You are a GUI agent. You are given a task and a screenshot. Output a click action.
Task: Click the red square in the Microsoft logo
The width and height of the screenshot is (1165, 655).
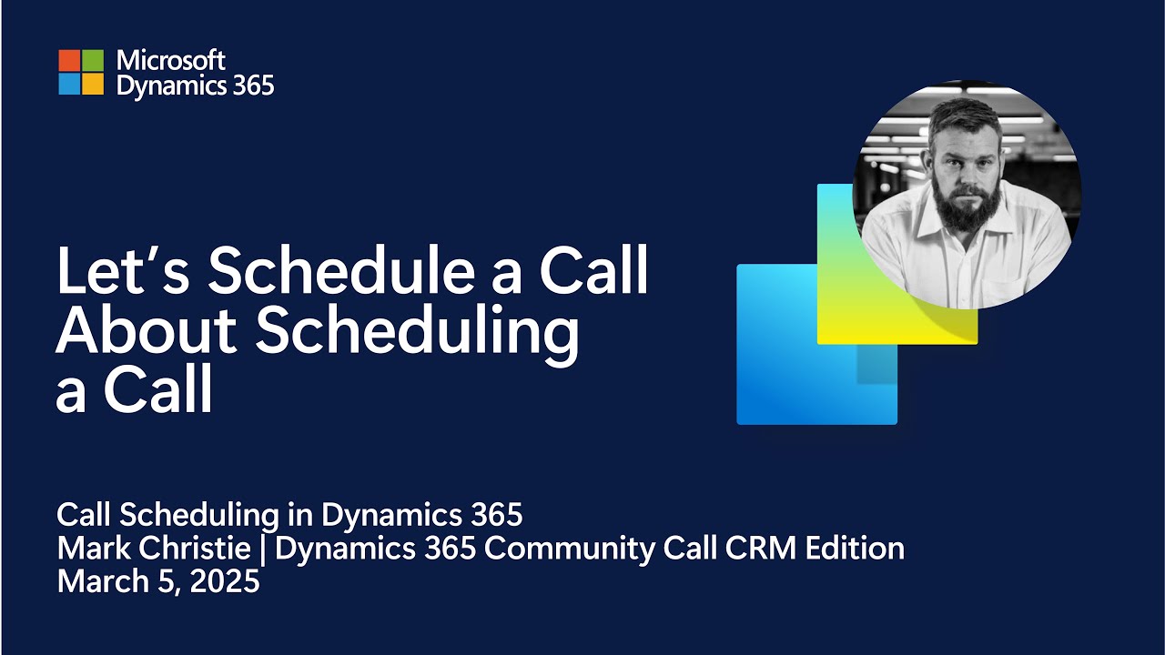pos(69,60)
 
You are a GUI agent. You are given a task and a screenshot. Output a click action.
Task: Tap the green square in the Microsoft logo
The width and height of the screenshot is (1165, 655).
pos(93,60)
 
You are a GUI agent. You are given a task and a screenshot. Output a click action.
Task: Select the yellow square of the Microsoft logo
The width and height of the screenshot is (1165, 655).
pos(93,85)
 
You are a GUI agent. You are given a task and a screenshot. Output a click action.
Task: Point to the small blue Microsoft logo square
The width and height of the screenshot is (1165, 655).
pos(69,85)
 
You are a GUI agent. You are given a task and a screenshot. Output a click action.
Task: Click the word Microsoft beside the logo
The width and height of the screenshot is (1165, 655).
pos(171,61)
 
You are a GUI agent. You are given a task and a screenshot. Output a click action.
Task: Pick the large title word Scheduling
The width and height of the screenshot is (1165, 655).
pos(417,335)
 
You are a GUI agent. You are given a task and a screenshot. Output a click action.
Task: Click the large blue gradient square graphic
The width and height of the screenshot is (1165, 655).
pos(783,364)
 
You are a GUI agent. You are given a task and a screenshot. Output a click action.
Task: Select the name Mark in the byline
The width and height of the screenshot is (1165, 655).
pos(89,549)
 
